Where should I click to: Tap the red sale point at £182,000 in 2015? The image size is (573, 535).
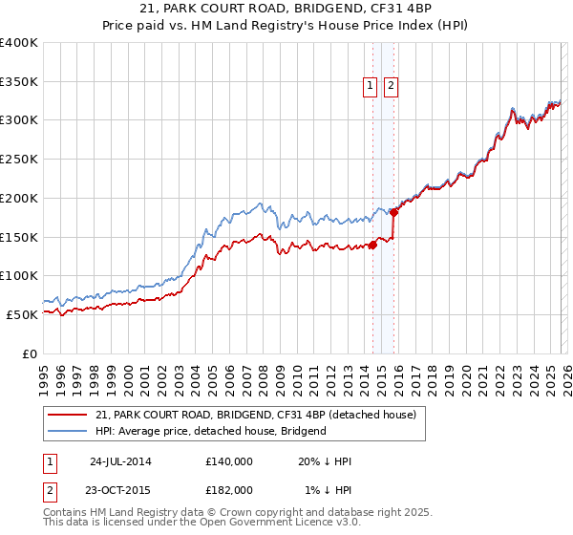[x=393, y=212]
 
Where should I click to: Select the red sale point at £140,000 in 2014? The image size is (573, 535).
[x=373, y=245]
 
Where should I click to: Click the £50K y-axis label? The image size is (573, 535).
[x=22, y=314]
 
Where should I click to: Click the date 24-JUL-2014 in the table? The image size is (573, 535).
[x=120, y=460]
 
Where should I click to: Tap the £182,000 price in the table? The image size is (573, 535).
[x=228, y=489]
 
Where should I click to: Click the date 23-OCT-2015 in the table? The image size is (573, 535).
[x=121, y=489]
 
